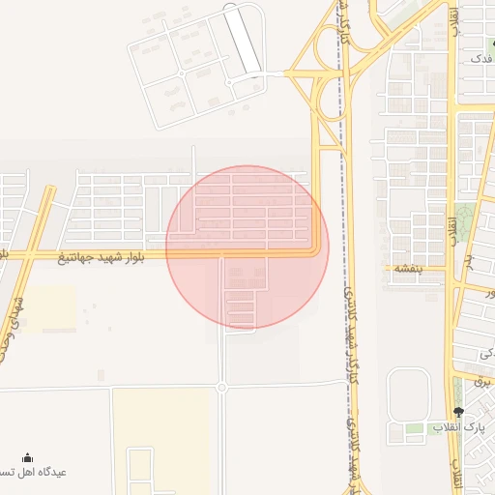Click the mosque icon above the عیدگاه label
27,457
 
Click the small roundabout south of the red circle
221,388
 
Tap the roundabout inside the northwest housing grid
182,73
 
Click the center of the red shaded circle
247,247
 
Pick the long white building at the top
243,40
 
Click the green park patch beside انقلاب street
466,221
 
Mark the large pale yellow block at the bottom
161,441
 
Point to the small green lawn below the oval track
415,427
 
